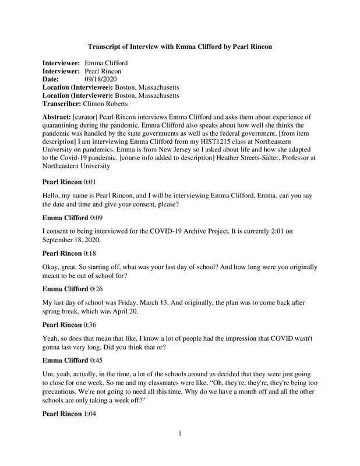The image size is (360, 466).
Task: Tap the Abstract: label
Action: coord(57,117)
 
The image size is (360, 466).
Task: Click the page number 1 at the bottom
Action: coord(181,449)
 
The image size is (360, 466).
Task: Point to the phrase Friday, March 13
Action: coord(142,303)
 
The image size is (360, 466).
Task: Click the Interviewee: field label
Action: coord(61,62)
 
